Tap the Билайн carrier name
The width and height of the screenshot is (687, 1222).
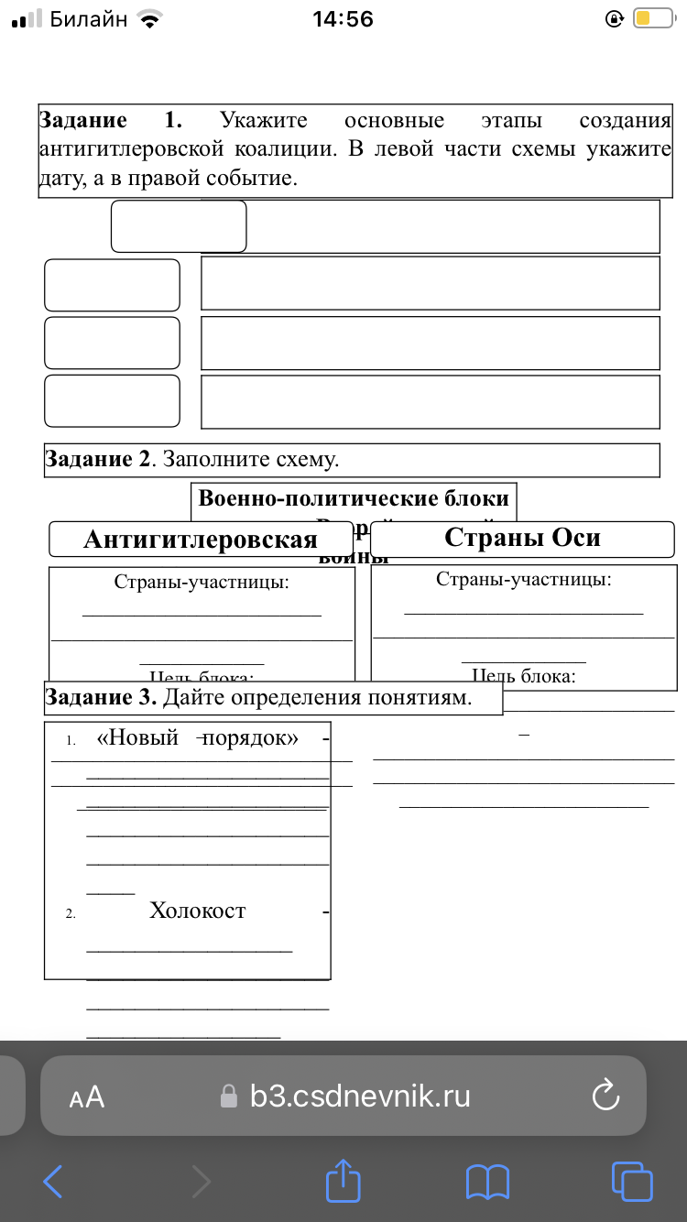click(x=89, y=19)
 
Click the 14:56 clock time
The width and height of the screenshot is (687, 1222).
click(x=343, y=19)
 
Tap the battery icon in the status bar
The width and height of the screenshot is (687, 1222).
click(x=652, y=18)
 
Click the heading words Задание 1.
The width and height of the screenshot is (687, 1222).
click(x=110, y=121)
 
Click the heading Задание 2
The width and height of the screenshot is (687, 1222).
click(x=97, y=460)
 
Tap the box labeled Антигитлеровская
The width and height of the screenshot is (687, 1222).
click(x=201, y=540)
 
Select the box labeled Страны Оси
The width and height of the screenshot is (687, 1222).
click(x=522, y=538)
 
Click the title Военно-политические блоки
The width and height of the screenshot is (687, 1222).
click(x=354, y=499)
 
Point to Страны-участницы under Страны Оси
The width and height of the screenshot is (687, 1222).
click(x=524, y=579)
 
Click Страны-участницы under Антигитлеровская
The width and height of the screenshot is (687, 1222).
click(x=202, y=582)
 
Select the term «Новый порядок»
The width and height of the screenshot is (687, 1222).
click(x=198, y=738)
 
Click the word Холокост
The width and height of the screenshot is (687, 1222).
click(x=198, y=911)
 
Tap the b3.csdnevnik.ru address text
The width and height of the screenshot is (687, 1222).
click(x=360, y=1096)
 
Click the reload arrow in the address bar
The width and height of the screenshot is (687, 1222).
click(x=606, y=1096)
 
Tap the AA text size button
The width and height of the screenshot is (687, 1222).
click(x=87, y=1097)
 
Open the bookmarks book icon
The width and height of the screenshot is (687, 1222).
click(x=487, y=1182)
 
